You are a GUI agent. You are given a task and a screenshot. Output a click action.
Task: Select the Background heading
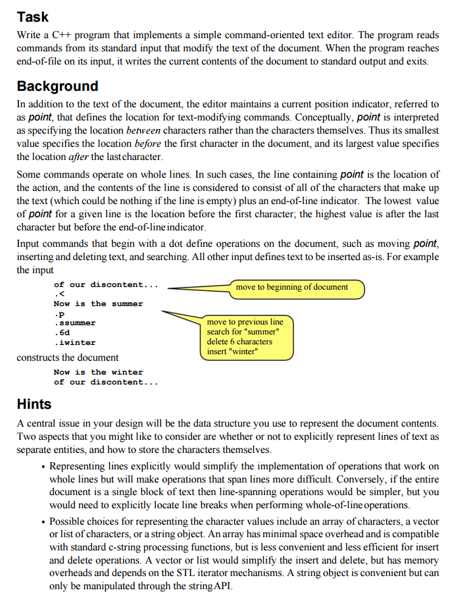[57, 86]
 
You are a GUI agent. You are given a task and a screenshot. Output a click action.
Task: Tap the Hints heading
[34, 403]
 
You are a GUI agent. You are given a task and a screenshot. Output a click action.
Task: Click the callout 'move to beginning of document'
[291, 287]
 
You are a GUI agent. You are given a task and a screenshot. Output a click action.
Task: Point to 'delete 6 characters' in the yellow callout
[239, 341]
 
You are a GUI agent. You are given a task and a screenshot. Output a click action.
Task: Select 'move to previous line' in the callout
[245, 322]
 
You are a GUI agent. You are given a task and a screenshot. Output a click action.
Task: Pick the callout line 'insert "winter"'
[232, 351]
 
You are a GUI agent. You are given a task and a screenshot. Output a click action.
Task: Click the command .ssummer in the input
[75, 323]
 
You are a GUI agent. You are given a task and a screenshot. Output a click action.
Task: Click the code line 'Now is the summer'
[98, 303]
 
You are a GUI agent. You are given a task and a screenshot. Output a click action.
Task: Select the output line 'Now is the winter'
[98, 372]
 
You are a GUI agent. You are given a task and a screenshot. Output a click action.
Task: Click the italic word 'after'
[81, 157]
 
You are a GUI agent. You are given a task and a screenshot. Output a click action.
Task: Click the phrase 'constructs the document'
[68, 357]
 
